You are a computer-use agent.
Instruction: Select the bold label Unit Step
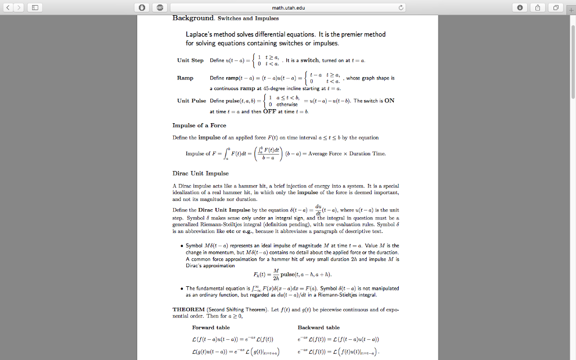(x=190, y=60)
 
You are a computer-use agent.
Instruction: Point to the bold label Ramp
(x=185, y=78)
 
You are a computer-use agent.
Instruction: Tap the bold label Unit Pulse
(x=191, y=101)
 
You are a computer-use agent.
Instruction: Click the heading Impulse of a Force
(x=199, y=125)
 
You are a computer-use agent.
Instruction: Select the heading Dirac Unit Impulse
(x=200, y=173)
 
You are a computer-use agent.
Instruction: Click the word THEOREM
(x=188, y=309)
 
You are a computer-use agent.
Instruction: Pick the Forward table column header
(x=210, y=327)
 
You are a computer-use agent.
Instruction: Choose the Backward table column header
(x=318, y=327)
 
